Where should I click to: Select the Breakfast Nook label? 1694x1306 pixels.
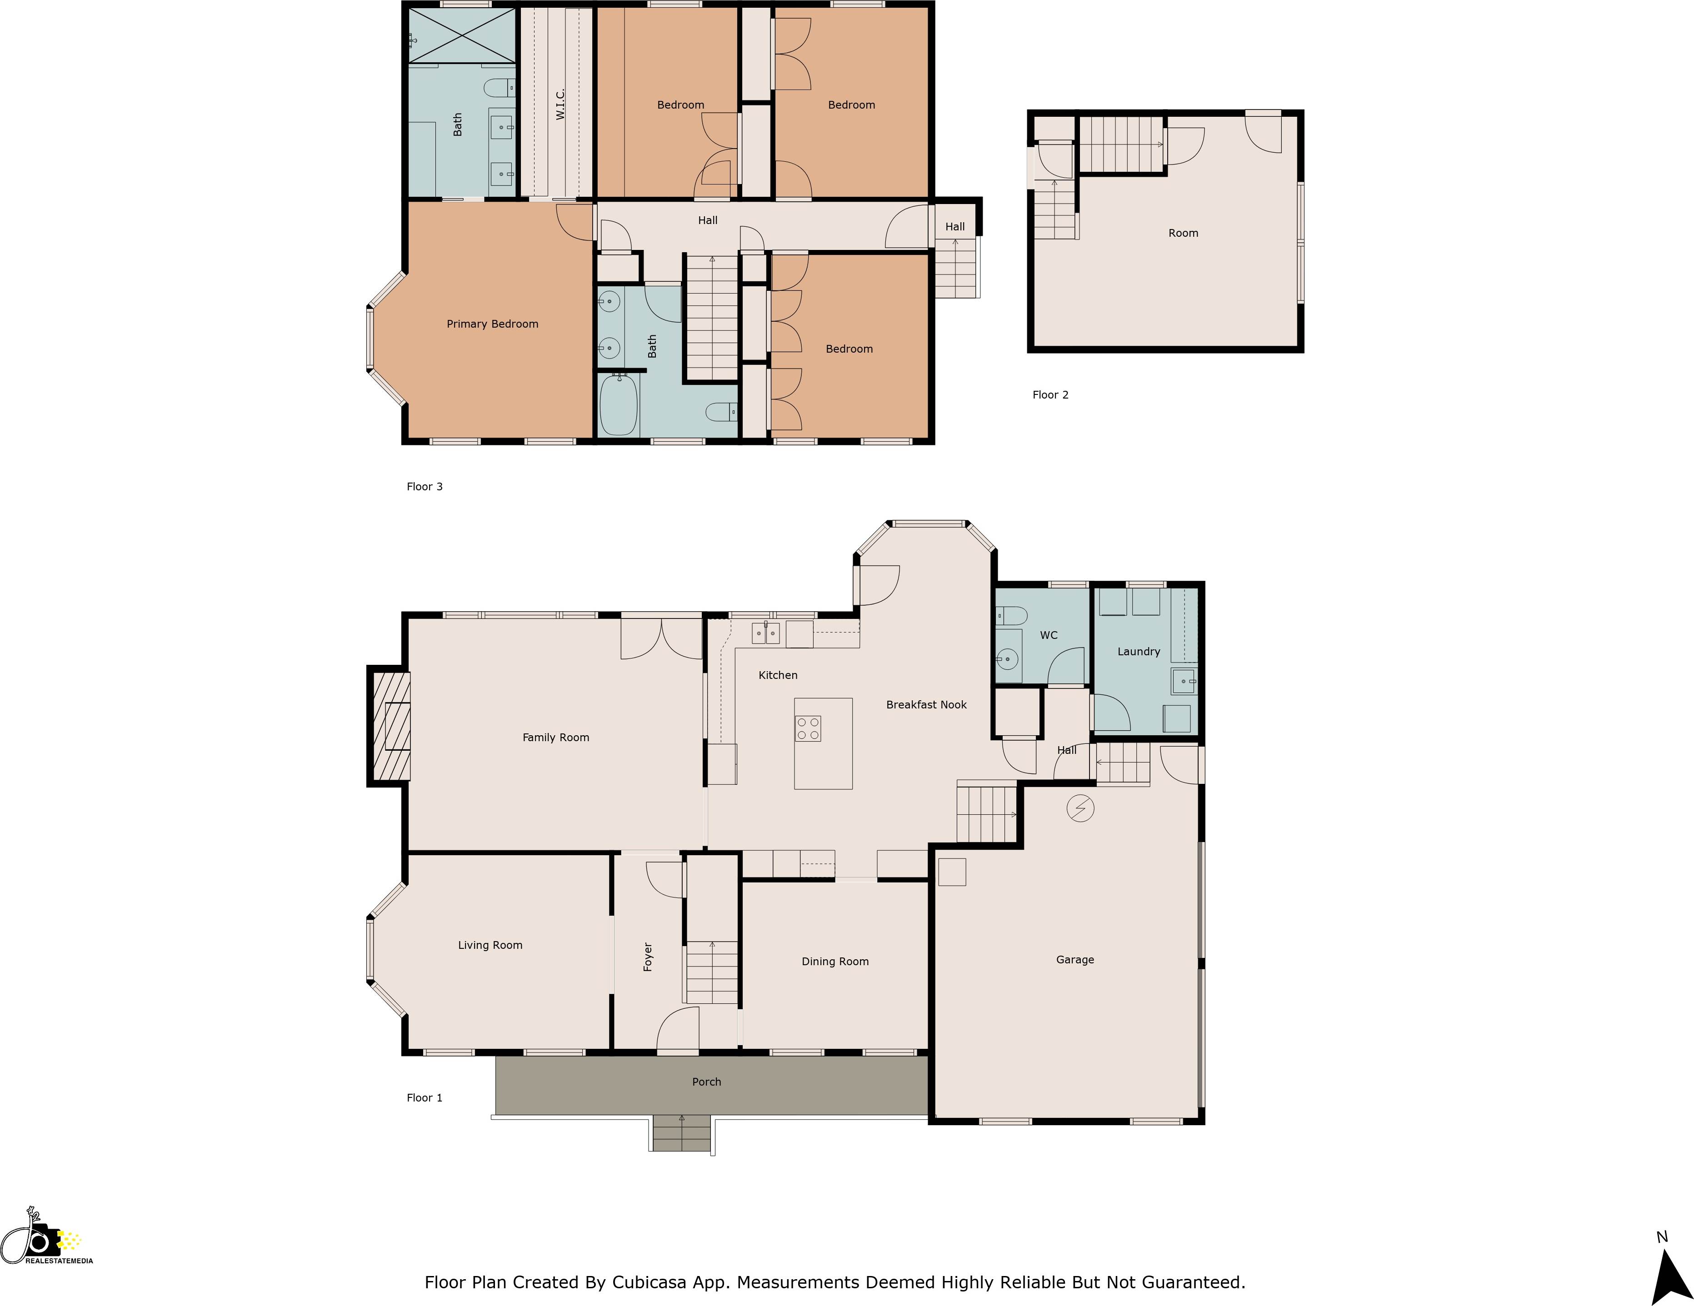coord(926,705)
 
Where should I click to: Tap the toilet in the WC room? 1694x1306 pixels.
coord(1011,616)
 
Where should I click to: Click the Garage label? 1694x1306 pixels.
coord(1074,960)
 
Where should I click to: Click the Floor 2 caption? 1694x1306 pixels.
coord(1050,395)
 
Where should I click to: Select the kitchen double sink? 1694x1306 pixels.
coord(765,633)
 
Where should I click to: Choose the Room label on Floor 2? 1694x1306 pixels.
coord(1183,234)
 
